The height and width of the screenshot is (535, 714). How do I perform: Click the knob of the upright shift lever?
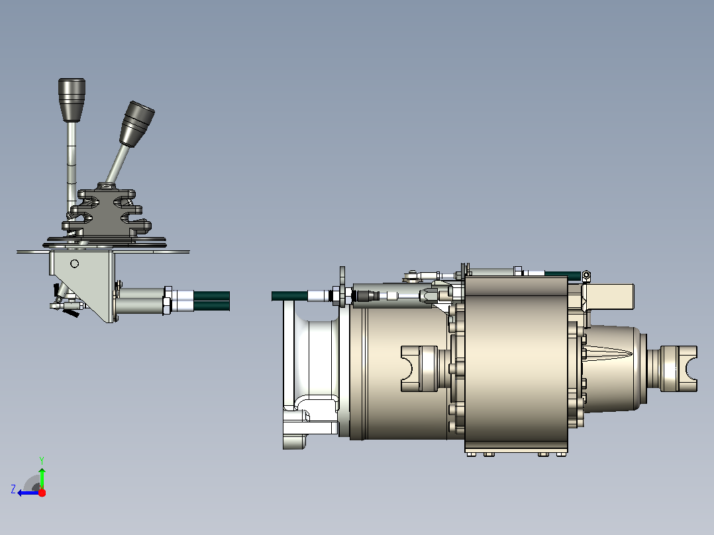point(72,100)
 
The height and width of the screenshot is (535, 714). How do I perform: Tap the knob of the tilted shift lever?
point(136,124)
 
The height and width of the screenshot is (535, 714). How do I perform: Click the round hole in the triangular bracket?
point(75,264)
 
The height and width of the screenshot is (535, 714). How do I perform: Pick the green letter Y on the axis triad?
point(42,460)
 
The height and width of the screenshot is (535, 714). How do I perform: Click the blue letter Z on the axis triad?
point(13,489)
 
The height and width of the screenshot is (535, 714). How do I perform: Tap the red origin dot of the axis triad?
point(42,493)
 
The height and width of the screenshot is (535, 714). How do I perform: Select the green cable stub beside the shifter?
point(212,301)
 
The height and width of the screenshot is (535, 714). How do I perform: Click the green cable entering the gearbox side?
point(289,296)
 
